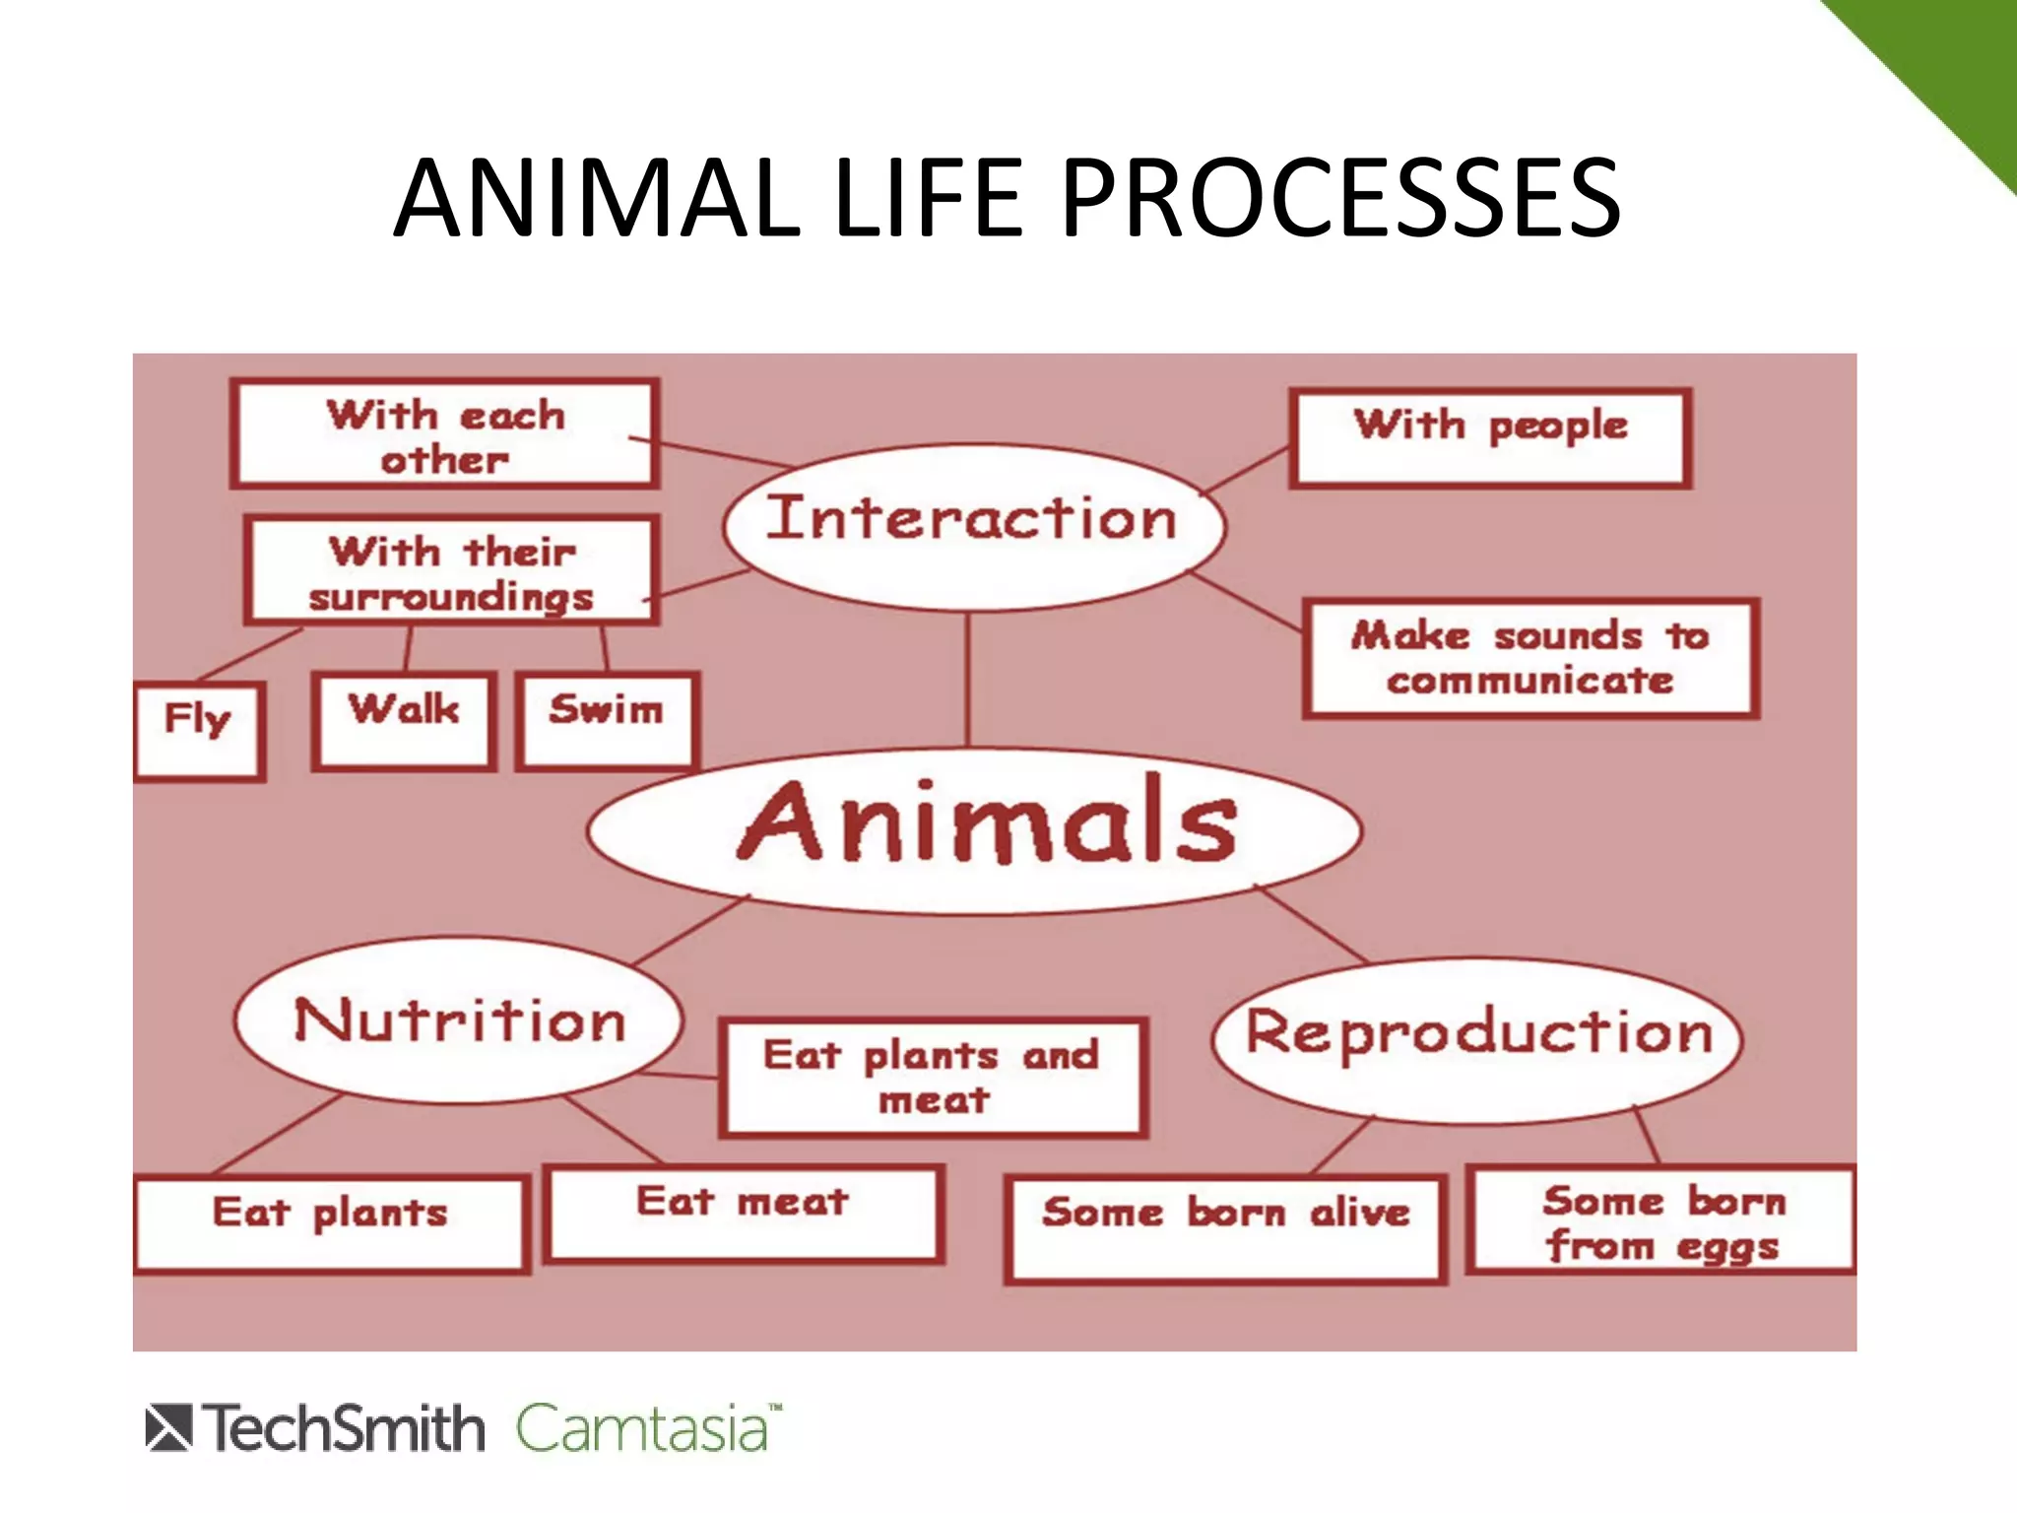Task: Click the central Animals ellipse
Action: coord(975,829)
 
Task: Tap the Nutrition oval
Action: coord(459,1020)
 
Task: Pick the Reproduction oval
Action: coord(1477,1039)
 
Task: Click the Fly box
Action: coord(200,730)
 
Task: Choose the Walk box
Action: coord(404,720)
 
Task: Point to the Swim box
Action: coord(607,720)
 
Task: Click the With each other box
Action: coord(445,434)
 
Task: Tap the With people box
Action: coord(1490,437)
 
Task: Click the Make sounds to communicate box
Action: coord(1529,657)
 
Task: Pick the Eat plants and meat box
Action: coord(933,1077)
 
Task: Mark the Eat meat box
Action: coord(744,1213)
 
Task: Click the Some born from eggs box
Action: coord(1660,1220)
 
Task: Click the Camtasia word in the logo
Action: coord(642,1428)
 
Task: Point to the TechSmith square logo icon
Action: coord(168,1428)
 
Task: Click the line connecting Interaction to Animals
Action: coord(968,680)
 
